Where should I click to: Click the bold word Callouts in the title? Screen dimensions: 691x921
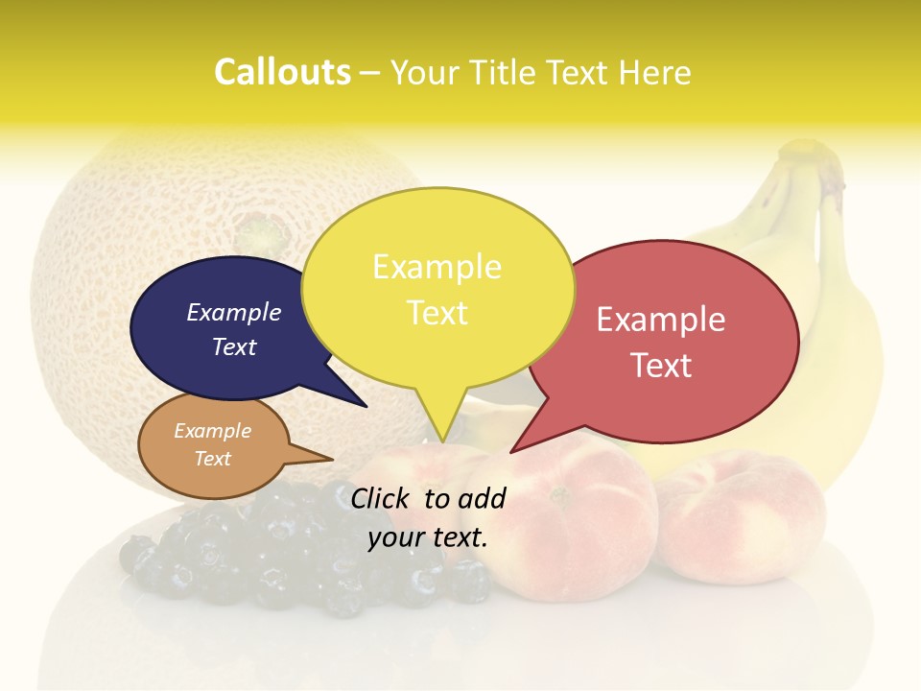coord(282,72)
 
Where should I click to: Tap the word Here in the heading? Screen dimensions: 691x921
coord(655,72)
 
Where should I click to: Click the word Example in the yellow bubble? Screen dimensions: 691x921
coord(437,267)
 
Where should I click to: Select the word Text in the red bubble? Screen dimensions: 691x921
coord(661,366)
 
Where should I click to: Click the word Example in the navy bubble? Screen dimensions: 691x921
coord(234,312)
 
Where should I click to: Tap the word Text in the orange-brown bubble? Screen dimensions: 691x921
coord(213,459)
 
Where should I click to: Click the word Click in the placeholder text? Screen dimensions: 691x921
coord(381,498)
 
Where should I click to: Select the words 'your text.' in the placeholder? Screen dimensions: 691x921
coord(428,537)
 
